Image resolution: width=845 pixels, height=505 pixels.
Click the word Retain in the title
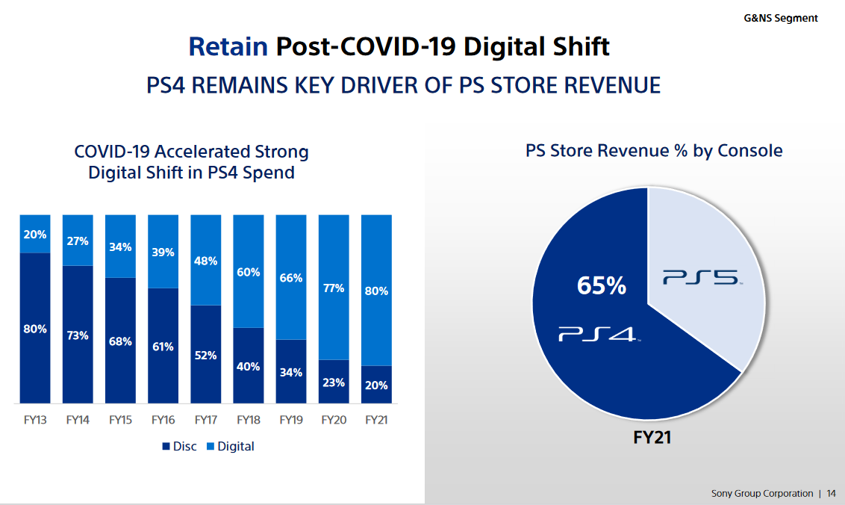click(x=228, y=46)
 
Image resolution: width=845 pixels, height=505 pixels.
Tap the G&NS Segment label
click(x=781, y=18)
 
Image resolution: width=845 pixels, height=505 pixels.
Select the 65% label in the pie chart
click(x=601, y=285)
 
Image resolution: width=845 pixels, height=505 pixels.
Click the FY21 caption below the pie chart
click(x=647, y=437)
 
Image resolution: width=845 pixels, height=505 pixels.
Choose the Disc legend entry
click(x=179, y=446)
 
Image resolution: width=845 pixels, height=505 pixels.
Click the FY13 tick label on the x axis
click(x=35, y=420)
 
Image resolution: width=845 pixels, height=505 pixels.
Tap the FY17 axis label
click(x=205, y=420)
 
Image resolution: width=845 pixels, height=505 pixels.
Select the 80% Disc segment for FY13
click(x=35, y=329)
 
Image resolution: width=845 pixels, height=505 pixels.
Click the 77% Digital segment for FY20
click(x=334, y=288)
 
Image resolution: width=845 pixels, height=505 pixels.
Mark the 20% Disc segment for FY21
click(x=376, y=385)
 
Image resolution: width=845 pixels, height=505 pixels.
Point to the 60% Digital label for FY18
click(x=249, y=272)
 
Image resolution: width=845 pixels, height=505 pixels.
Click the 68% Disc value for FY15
click(x=120, y=341)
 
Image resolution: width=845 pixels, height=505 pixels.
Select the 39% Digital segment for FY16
click(x=163, y=252)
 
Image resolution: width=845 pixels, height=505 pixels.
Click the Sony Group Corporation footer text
click(x=761, y=493)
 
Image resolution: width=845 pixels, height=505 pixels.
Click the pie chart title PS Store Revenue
click(x=653, y=151)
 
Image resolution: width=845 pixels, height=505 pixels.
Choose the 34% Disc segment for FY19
click(x=291, y=372)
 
